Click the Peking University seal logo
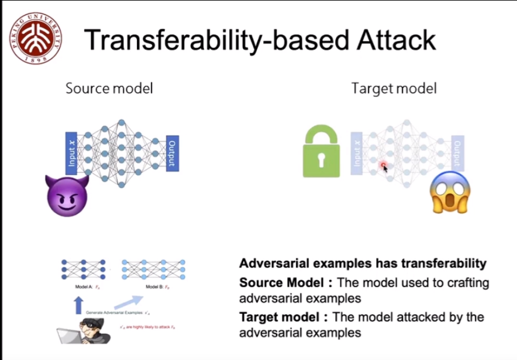35,38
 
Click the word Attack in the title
388,40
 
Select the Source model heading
109,88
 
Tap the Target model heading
394,88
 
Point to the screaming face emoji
450,193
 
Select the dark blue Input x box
71,153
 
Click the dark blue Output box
172,153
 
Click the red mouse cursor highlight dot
384,167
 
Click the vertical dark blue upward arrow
78,306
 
